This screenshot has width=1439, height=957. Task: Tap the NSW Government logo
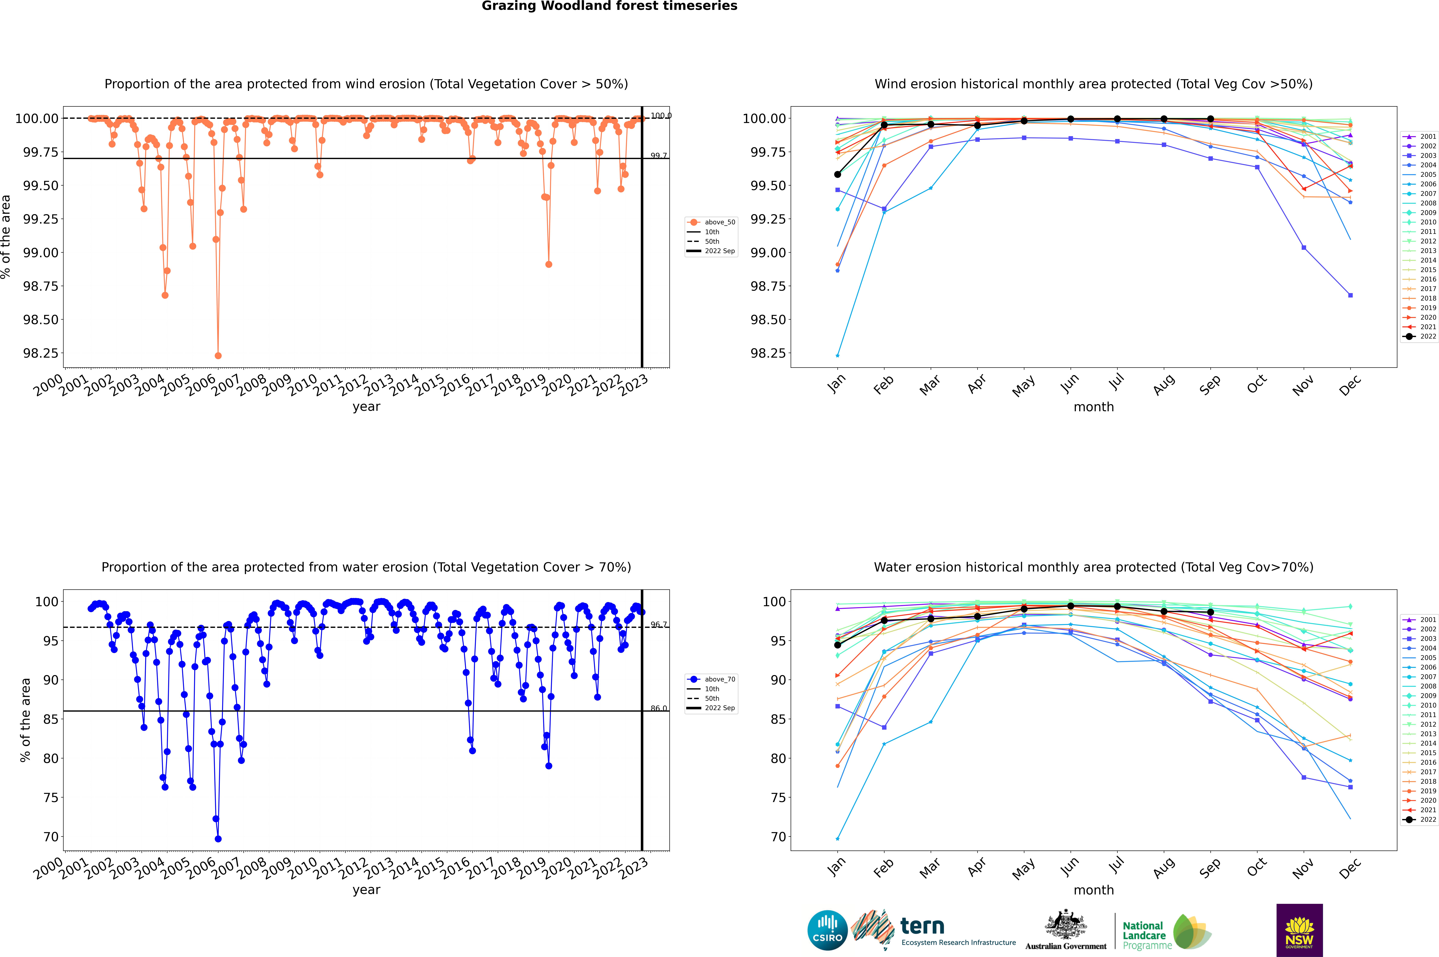pyautogui.click(x=1299, y=930)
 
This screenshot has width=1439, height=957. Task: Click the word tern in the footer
pyautogui.click(x=922, y=927)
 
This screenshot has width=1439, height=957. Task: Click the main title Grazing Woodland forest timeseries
pyautogui.click(x=609, y=6)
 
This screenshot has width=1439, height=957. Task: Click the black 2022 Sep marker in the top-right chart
pyautogui.click(x=1210, y=119)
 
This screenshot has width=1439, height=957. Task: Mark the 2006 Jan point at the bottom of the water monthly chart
pyautogui.click(x=838, y=839)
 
